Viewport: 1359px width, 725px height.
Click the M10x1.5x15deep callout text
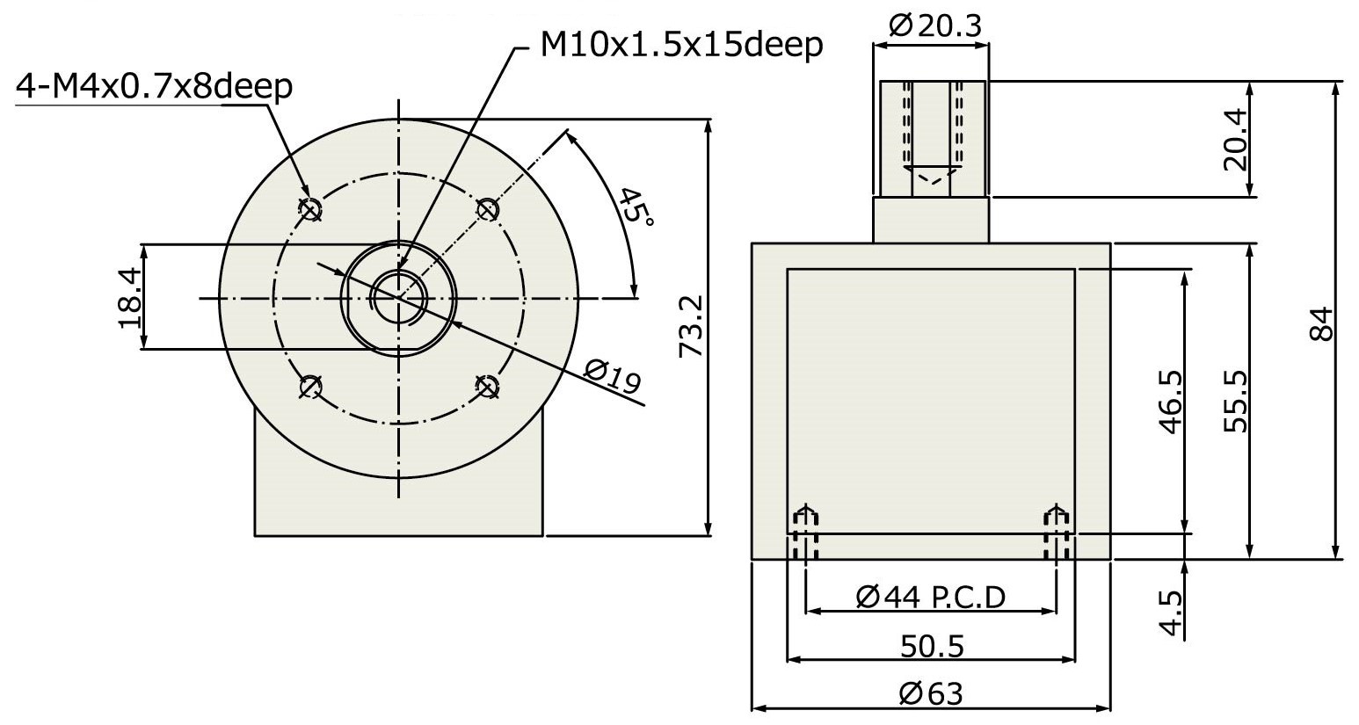[x=681, y=46]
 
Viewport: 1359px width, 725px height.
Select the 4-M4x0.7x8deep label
[x=154, y=87]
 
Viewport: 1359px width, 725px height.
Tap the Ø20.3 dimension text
[x=935, y=26]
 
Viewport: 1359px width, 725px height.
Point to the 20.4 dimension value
[x=1236, y=140]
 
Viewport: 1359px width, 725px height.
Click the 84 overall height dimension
[x=1322, y=324]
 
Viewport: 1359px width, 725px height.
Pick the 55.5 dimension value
[x=1236, y=402]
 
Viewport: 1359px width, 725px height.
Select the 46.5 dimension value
[x=1171, y=402]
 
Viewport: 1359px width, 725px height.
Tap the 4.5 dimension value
[x=1171, y=613]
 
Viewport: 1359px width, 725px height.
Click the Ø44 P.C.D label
[x=931, y=598]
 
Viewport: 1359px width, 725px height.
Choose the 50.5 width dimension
[x=932, y=647]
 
